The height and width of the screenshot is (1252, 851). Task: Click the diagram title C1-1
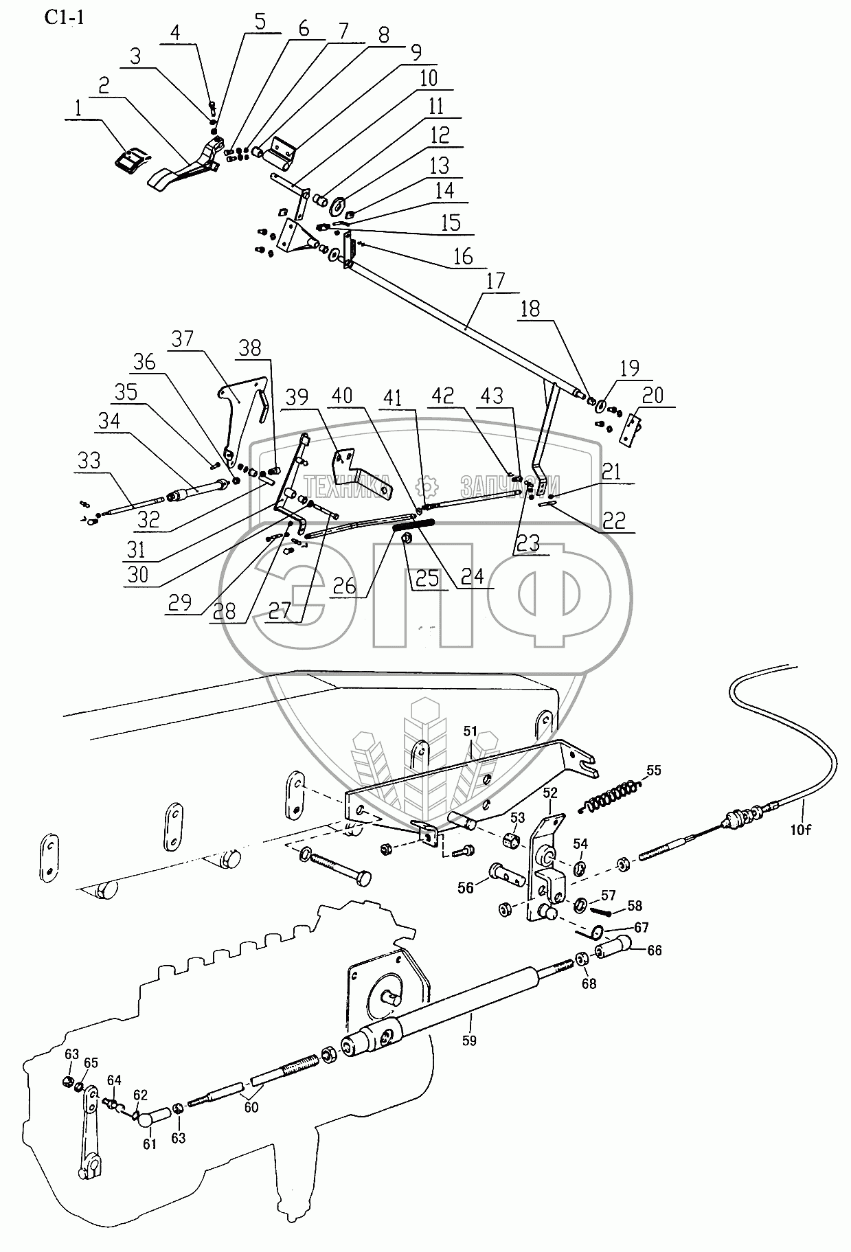click(65, 18)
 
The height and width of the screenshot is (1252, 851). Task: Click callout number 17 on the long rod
click(495, 280)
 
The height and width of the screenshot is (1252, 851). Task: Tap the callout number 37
click(183, 339)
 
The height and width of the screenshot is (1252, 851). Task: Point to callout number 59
click(469, 1040)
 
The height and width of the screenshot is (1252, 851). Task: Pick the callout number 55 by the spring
click(653, 770)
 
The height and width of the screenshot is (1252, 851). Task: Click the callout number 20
click(653, 395)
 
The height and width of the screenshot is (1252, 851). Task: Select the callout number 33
click(89, 460)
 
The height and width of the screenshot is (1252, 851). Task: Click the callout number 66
click(655, 951)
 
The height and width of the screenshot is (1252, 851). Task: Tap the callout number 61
click(150, 1143)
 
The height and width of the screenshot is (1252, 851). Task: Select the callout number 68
click(588, 983)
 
